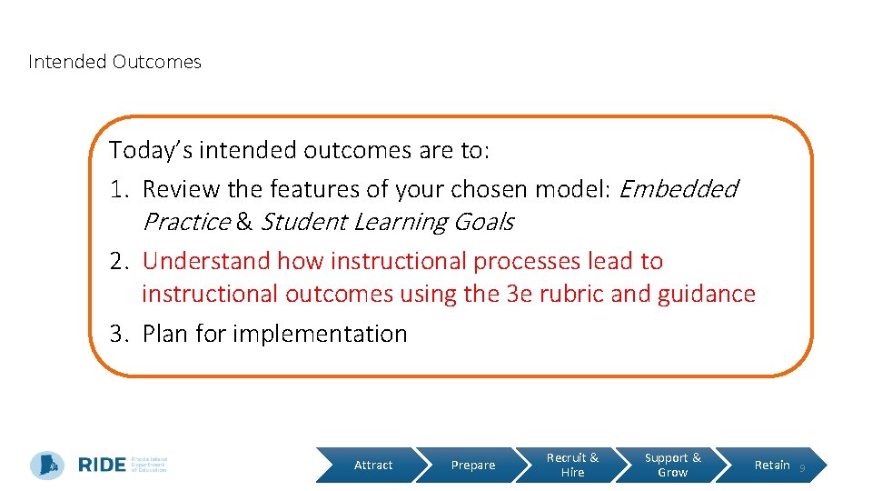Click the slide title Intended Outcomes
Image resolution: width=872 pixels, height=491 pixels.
[x=114, y=62]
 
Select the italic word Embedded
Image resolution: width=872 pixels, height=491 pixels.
[x=678, y=189]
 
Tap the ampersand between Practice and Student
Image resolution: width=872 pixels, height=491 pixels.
[x=245, y=223]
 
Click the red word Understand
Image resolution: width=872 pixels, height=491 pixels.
[x=206, y=261]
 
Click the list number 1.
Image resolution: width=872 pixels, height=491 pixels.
[x=119, y=189]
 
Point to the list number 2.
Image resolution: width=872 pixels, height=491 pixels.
[x=120, y=261]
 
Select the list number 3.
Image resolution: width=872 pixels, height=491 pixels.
[x=120, y=334]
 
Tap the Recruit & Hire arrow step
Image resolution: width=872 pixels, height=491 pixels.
[x=572, y=466]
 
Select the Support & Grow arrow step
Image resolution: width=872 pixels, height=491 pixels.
[x=672, y=466]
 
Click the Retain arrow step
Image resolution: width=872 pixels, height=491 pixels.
[x=772, y=466]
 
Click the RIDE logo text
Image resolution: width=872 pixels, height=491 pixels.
[x=102, y=465]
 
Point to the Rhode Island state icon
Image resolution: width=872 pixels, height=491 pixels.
[x=47, y=465]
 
